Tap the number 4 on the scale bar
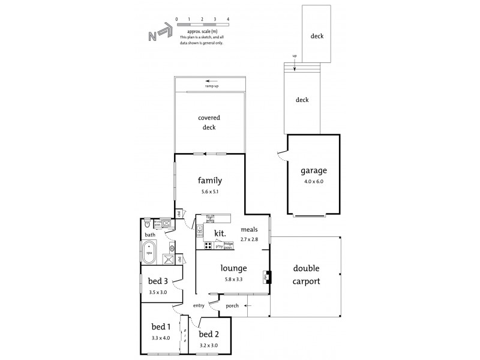[229, 19]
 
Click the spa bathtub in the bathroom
[149, 250]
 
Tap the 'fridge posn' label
[229, 245]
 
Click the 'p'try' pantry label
[219, 246]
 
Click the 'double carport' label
[306, 275]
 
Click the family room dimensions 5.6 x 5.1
[209, 191]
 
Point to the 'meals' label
[249, 229]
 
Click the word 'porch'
[232, 305]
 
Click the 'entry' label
[199, 306]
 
